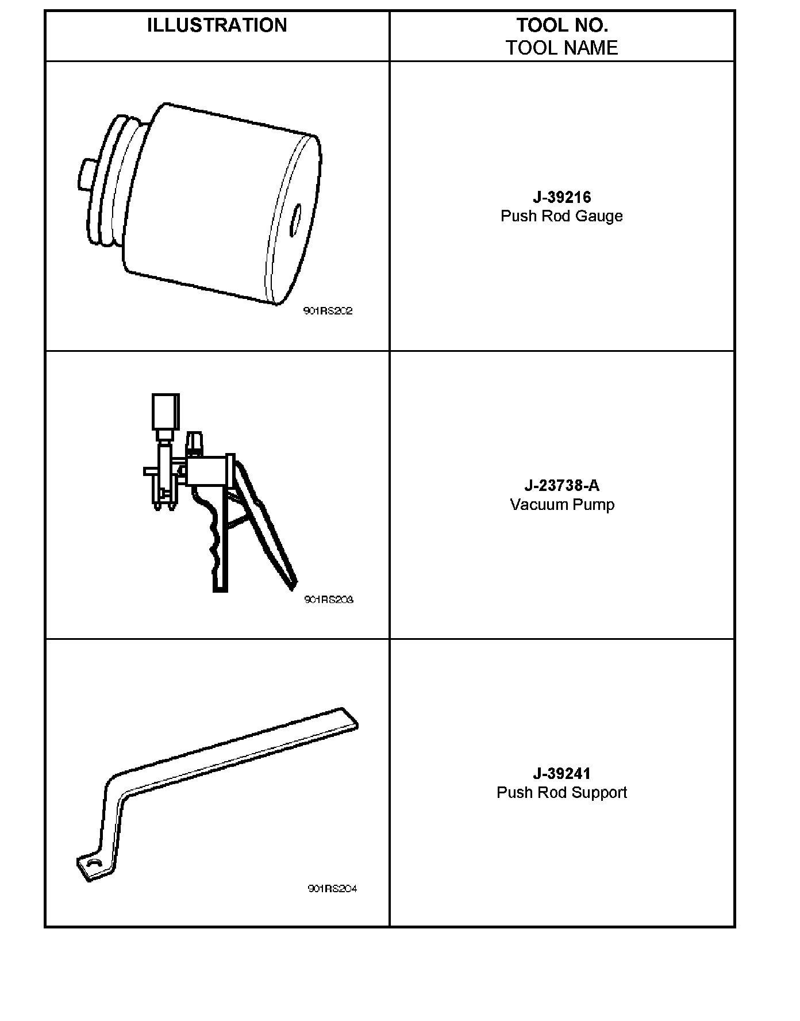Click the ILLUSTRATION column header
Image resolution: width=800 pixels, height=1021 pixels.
click(217, 25)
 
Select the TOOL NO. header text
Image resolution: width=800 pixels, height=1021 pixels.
click(561, 25)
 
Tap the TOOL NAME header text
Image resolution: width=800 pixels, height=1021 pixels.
click(561, 48)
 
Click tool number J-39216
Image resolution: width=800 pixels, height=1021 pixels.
click(561, 197)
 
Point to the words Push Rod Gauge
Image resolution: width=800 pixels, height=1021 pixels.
click(561, 216)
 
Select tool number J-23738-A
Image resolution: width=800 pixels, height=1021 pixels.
click(561, 485)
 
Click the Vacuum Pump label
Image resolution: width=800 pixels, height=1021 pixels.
click(561, 505)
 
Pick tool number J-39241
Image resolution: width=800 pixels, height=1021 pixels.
click(561, 773)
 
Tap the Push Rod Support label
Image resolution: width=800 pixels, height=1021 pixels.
click(561, 793)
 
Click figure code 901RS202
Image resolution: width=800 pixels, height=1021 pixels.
click(328, 311)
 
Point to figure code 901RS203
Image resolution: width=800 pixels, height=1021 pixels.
click(329, 600)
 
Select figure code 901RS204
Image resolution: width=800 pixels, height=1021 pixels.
click(332, 888)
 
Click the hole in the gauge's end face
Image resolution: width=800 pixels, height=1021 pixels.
click(296, 218)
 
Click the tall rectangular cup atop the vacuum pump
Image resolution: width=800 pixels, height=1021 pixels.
click(166, 412)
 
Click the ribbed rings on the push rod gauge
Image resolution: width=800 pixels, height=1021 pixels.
click(112, 184)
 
